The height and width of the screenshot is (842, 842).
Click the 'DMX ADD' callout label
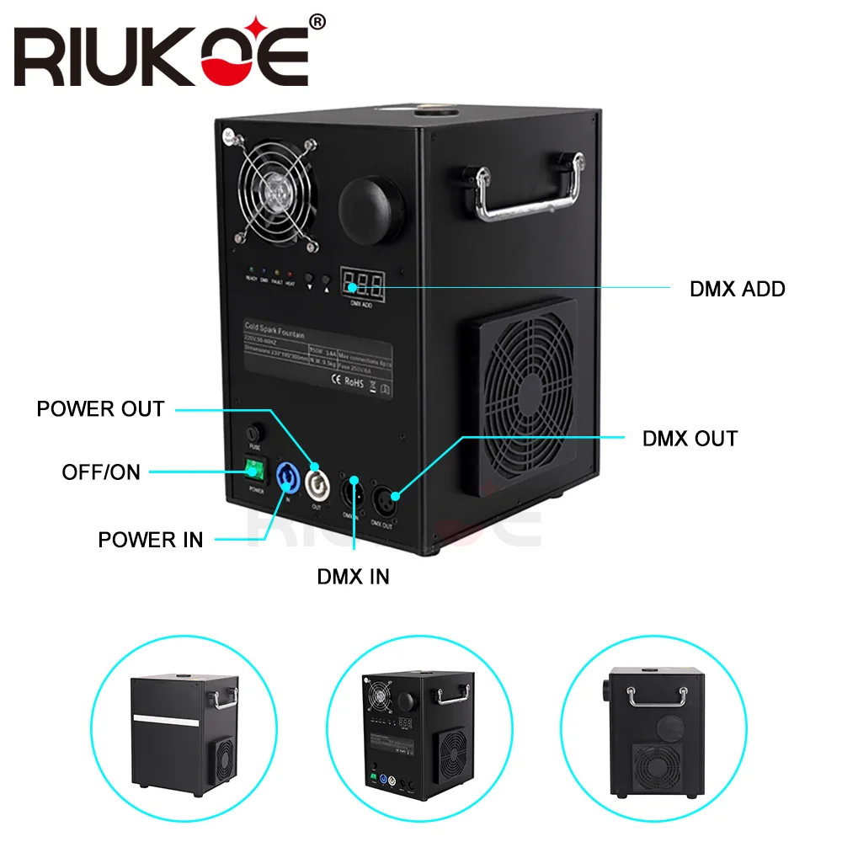pos(737,289)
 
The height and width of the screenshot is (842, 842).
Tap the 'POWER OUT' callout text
pos(100,409)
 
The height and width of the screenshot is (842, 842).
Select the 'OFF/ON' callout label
pos(101,472)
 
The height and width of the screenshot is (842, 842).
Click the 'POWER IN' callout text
pos(150,540)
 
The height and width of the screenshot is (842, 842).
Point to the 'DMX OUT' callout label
pos(689,439)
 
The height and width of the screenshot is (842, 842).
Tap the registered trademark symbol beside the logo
pos(317,24)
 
